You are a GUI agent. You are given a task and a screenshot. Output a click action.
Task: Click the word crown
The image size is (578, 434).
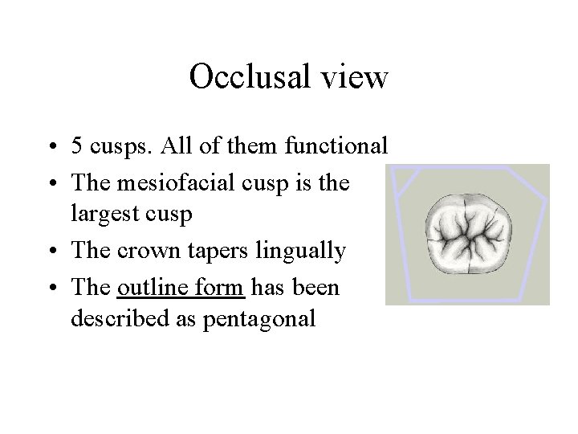pyautogui.click(x=145, y=252)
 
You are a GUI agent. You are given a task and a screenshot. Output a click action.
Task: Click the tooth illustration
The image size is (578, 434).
pyautogui.click(x=470, y=234)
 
